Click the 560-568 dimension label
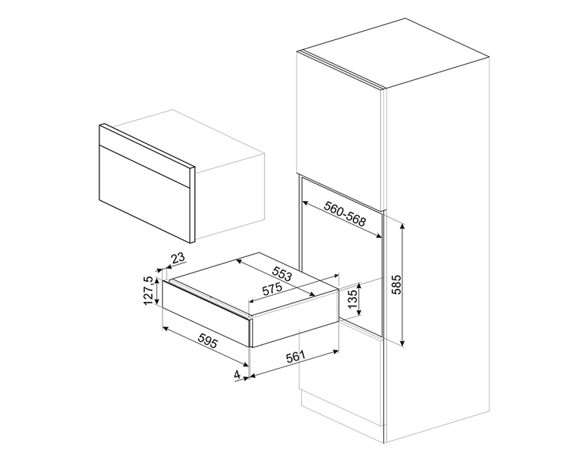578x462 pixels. click(344, 214)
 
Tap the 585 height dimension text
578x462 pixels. click(397, 284)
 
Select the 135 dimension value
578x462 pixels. click(352, 299)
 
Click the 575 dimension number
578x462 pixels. click(272, 289)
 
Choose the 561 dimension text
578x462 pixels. click(295, 357)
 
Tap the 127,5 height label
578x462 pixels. click(148, 291)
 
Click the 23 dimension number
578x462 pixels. click(178, 259)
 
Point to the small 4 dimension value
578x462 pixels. click(237, 374)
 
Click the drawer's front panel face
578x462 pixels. click(207, 313)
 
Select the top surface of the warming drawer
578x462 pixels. click(254, 283)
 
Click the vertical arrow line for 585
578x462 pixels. click(403, 284)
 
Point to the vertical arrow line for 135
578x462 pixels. click(359, 300)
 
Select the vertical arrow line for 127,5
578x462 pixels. click(157, 291)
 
